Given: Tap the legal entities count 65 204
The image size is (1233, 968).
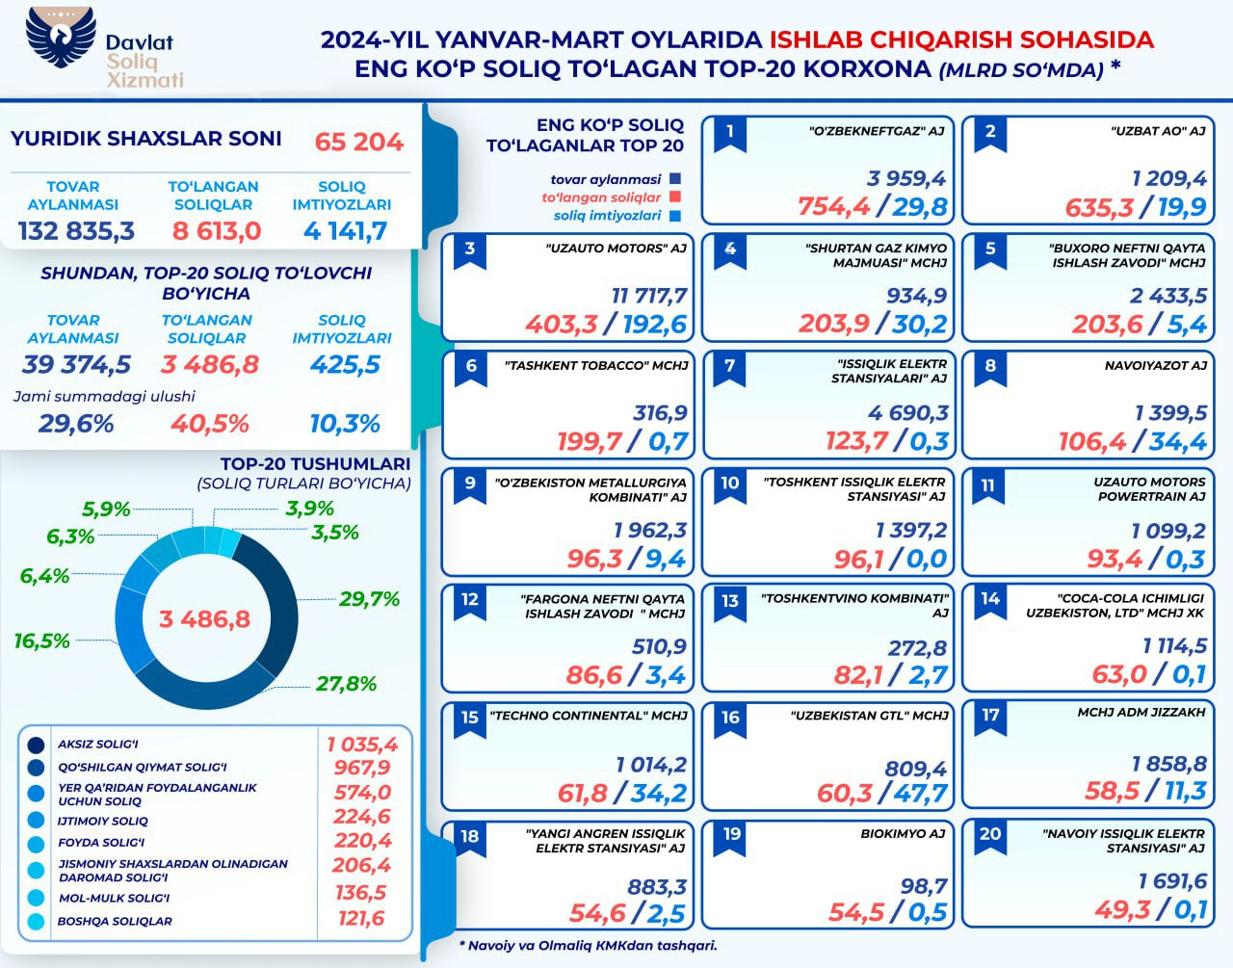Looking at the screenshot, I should coord(358,142).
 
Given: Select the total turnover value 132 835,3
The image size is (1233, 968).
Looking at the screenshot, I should coord(76,231).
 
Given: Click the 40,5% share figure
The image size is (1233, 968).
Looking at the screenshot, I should coord(210,424).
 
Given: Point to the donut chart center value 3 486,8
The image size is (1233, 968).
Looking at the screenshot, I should coord(204,618).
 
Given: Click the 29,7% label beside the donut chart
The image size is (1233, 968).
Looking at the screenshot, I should coord(369,599).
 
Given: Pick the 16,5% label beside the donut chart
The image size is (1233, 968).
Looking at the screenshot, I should coord(42,641).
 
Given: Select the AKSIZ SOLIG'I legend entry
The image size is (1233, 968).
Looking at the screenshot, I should coord(98,745).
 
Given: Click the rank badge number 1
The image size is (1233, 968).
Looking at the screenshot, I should coord(730,132).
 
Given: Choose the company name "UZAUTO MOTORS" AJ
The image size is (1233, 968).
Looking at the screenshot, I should coord(616,249).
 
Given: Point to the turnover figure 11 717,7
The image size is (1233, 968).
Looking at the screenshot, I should coord(649,295).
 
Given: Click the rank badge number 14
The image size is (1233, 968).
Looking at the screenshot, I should coord(990,599).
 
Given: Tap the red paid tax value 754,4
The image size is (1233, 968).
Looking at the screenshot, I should coord(834,206).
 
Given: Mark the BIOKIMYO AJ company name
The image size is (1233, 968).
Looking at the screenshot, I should coord(903,833).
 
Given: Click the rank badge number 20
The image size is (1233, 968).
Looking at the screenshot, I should coord(990,834).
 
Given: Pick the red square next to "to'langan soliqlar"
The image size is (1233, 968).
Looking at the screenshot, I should coord(674,197).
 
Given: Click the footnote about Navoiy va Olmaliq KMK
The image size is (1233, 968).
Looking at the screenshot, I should coord(588,945).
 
